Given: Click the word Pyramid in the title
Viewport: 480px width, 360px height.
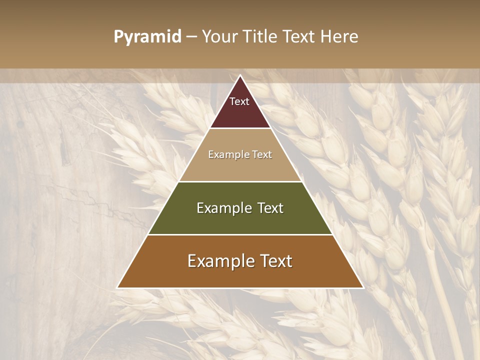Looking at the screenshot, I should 147,37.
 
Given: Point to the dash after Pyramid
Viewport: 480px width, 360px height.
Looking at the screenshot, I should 191,37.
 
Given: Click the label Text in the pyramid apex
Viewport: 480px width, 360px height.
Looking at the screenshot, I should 239,101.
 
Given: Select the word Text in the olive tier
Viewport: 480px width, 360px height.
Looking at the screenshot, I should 270,208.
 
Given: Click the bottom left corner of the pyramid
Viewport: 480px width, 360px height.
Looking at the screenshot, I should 118,287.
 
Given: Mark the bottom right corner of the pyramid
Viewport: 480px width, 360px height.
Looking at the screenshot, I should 362,287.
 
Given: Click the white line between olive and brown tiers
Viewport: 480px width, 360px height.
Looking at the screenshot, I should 240,234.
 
